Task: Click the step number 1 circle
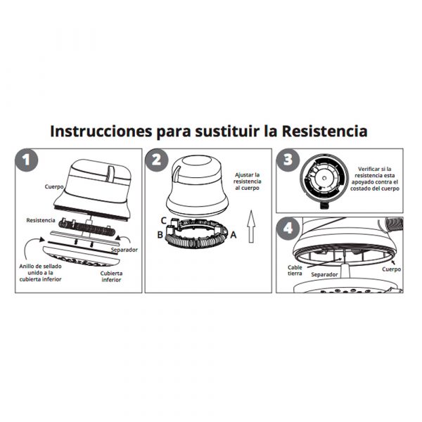pyautogui.click(x=27, y=160)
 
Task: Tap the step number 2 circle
pyautogui.click(x=157, y=160)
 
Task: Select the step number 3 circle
pyautogui.click(x=288, y=160)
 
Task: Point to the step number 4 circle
pyautogui.click(x=288, y=229)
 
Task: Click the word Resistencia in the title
pyautogui.click(x=324, y=132)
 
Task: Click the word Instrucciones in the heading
pyautogui.click(x=101, y=132)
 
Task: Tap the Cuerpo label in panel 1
pyautogui.click(x=54, y=186)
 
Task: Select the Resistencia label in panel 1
pyautogui.click(x=41, y=220)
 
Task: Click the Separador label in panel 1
pyautogui.click(x=124, y=250)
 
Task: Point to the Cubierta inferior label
pyautogui.click(x=111, y=276)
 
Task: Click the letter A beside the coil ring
pyautogui.click(x=234, y=235)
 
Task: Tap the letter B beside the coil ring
pyautogui.click(x=160, y=235)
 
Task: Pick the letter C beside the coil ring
pyautogui.click(x=163, y=221)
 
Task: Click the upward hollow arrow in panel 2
pyautogui.click(x=251, y=226)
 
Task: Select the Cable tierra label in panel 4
pyautogui.click(x=295, y=271)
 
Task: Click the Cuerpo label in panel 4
pyautogui.click(x=392, y=269)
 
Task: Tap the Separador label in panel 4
pyautogui.click(x=324, y=274)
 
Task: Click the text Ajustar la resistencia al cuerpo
pyautogui.click(x=248, y=181)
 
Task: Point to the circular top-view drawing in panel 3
pyautogui.click(x=324, y=179)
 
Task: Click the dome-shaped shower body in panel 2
pyautogui.click(x=197, y=186)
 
